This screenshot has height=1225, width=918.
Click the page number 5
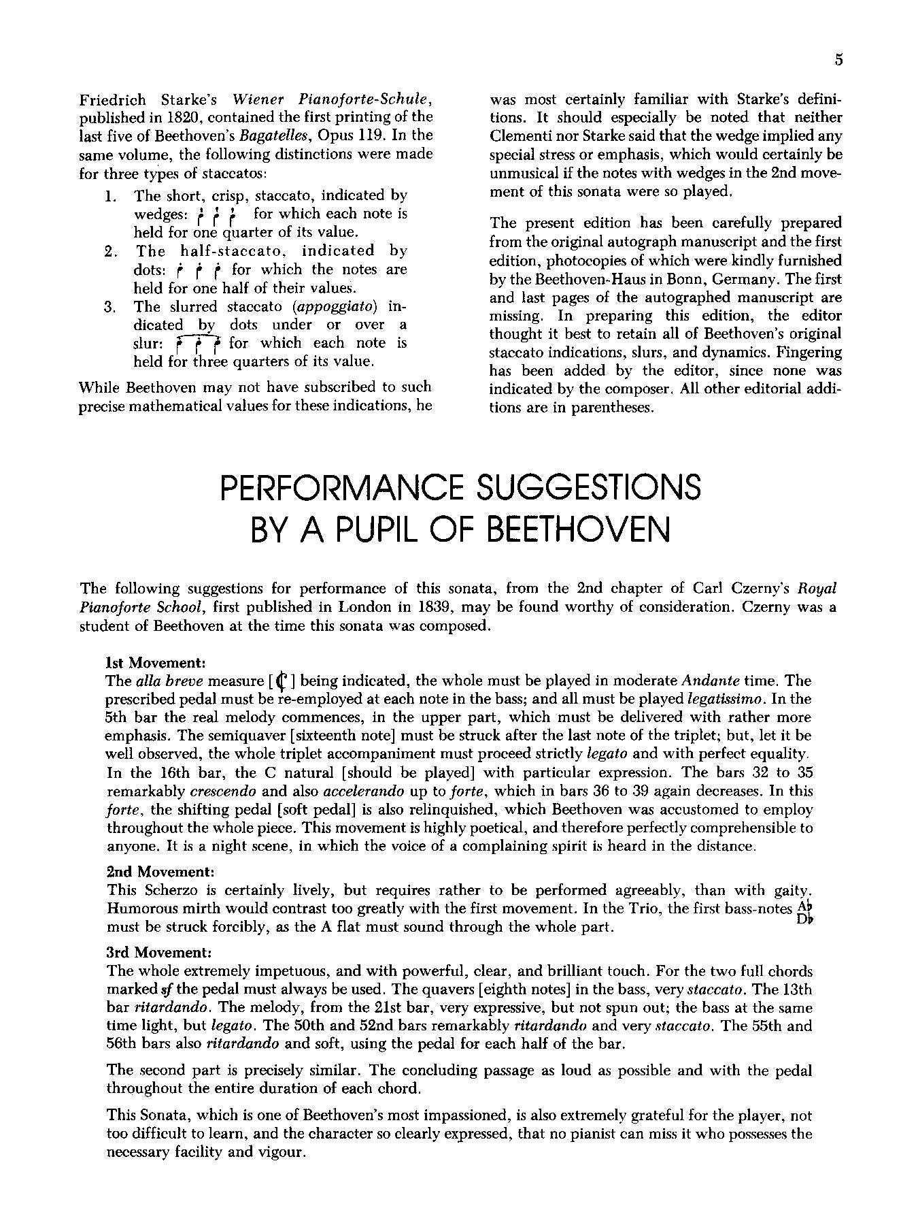pos(838,60)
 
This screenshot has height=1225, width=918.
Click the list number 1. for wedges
pos(112,197)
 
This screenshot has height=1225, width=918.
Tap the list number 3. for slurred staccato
pos(112,307)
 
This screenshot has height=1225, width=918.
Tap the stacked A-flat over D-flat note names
pos(804,913)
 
